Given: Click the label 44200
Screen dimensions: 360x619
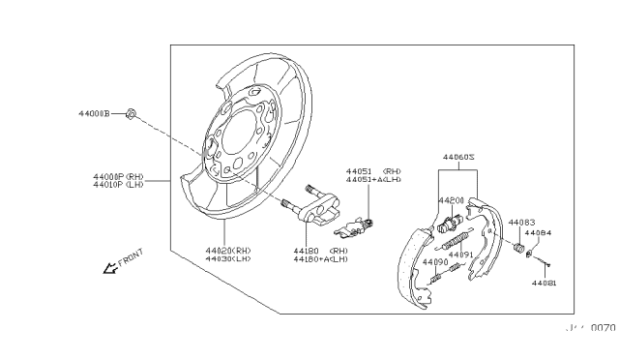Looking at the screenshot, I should pos(451,201).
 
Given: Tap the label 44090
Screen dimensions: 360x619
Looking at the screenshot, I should pos(435,262).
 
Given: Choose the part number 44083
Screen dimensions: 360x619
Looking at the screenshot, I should pos(521,222).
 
